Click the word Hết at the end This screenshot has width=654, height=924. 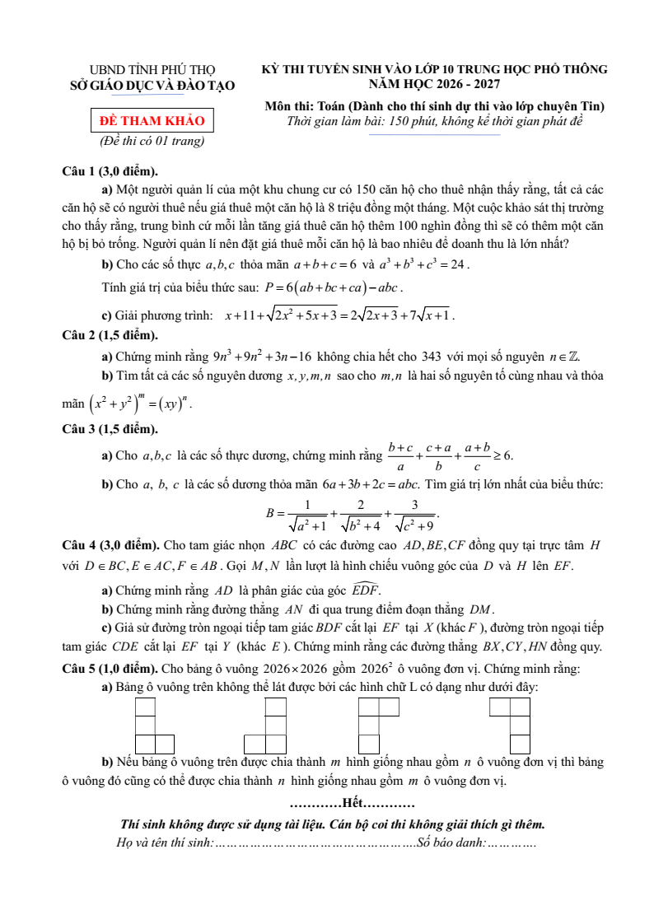pyautogui.click(x=352, y=802)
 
